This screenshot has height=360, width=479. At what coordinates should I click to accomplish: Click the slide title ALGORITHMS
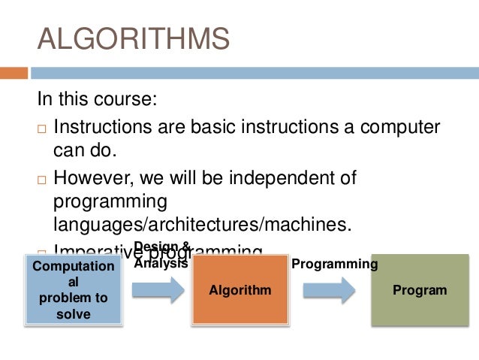tap(133, 40)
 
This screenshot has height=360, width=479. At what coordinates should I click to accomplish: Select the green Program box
tap(420, 290)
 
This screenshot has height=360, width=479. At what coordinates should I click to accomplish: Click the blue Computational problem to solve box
tap(74, 290)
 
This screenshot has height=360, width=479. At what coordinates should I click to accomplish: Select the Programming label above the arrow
tap(334, 264)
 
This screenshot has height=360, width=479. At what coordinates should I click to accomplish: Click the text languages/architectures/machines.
tap(203, 225)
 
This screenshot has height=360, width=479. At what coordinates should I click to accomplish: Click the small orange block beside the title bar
tap(14, 74)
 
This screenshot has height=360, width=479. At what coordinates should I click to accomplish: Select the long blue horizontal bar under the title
tap(255, 74)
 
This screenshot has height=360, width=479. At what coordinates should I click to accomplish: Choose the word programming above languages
tap(110, 202)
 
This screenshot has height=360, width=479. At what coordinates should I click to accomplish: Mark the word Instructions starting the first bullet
tap(105, 126)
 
